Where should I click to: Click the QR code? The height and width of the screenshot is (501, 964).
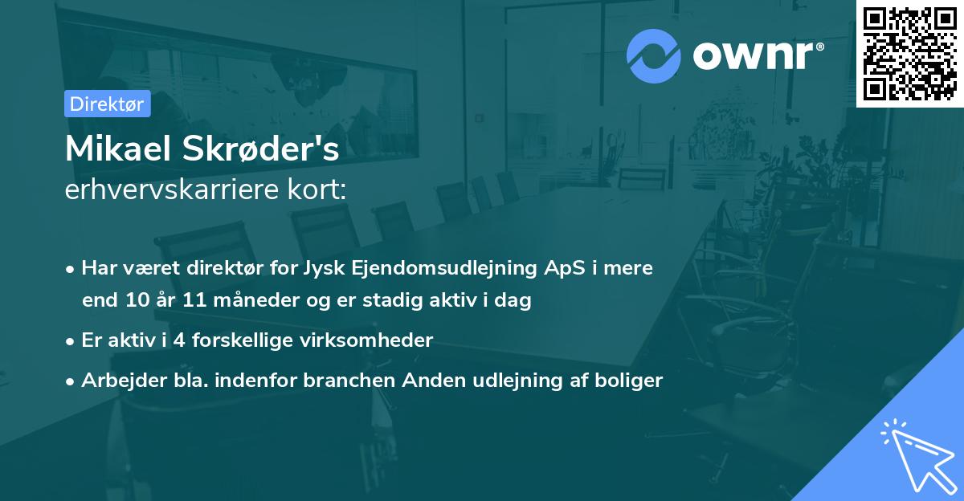pos(909,54)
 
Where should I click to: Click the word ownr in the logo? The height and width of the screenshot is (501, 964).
pos(758,56)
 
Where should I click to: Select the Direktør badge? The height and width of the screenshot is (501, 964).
pos(107,104)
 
